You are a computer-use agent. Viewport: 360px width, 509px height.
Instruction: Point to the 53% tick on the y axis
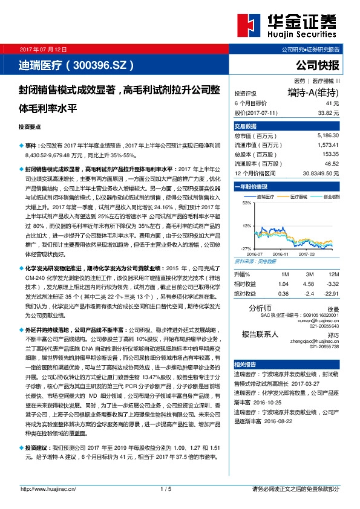point(246,203)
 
